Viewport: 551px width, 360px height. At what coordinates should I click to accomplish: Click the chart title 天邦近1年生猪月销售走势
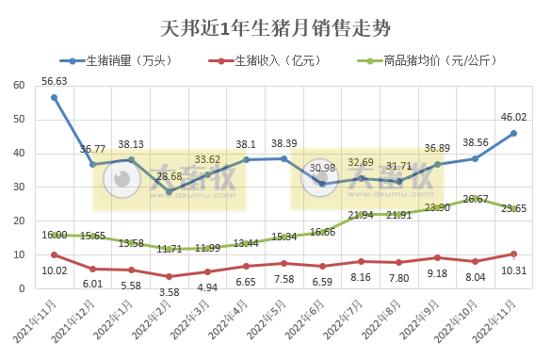click(275, 20)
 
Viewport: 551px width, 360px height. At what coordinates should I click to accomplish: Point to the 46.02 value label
click(513, 118)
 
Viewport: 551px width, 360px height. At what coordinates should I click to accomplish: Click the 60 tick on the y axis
click(19, 86)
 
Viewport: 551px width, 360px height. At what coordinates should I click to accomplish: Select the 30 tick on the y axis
click(19, 188)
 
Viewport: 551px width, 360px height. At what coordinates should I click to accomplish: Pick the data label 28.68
click(170, 176)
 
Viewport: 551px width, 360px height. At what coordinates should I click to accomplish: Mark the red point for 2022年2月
click(169, 276)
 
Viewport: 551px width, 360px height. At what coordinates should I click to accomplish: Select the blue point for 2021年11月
click(54, 97)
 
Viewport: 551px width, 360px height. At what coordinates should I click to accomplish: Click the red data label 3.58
click(170, 292)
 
